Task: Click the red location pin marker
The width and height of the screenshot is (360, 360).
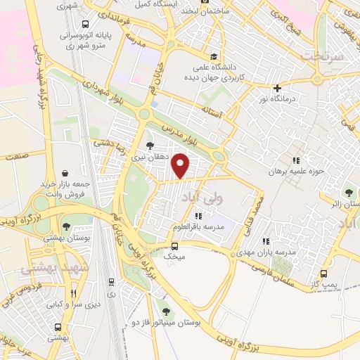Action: pos(181,165)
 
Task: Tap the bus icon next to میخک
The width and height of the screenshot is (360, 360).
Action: pos(176,246)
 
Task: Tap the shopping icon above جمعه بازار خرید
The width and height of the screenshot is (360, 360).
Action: pos(65,173)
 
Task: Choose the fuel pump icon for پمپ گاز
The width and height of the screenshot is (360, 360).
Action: pos(323,274)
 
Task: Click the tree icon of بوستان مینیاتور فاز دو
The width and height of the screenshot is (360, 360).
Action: pos(167,311)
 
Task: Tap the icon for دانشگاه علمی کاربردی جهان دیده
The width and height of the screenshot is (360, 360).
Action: pos(210,58)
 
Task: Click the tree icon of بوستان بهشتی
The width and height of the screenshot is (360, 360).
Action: pos(66,226)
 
